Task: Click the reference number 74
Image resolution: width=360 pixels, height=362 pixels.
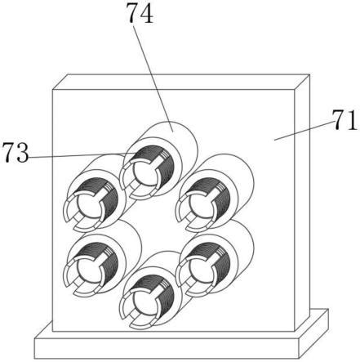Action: (x=140, y=14)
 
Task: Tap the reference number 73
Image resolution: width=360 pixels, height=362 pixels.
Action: (x=16, y=153)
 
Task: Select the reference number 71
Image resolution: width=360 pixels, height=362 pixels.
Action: (x=345, y=120)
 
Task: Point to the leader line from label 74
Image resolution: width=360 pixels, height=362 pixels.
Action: (x=153, y=78)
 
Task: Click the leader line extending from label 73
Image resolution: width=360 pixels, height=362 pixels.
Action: (x=82, y=155)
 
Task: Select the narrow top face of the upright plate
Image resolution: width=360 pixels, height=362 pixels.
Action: (x=181, y=82)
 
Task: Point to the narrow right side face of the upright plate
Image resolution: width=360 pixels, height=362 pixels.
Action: (x=302, y=203)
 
